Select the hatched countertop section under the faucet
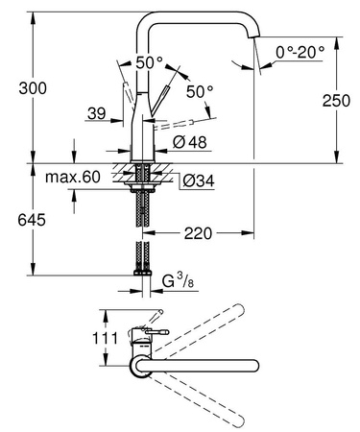pos(143,176)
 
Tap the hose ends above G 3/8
pos(143,259)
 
